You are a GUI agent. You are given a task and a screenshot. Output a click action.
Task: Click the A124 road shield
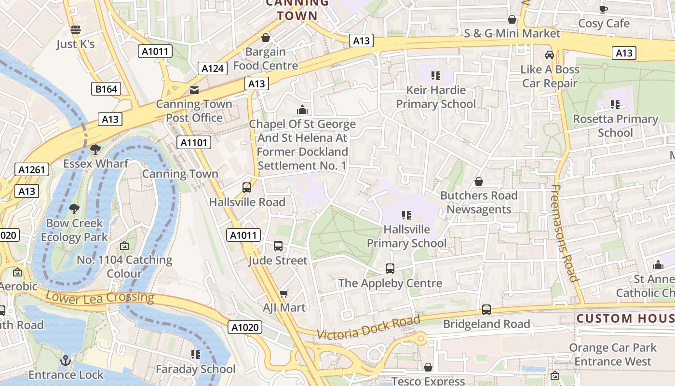tap(212, 69)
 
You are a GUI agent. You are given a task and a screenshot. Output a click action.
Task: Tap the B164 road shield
tap(106, 89)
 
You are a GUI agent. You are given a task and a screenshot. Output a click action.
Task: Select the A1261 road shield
tap(32, 169)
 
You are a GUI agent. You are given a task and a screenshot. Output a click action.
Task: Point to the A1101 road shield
tap(194, 142)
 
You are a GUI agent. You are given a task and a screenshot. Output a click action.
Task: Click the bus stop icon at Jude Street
tap(278, 246)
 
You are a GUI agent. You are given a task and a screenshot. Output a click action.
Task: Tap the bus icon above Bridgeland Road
tap(486, 310)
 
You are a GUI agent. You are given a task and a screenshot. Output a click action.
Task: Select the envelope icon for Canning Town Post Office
tap(194, 90)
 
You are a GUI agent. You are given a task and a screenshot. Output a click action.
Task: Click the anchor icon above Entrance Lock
tap(65, 361)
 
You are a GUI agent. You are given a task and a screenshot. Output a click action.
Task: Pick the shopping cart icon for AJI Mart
tap(284, 293)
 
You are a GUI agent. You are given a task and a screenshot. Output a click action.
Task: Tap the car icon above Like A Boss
tap(550, 55)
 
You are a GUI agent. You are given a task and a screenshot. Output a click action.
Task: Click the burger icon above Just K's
tap(75, 30)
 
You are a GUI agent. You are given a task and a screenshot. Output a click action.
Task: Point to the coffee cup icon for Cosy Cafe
tap(603, 9)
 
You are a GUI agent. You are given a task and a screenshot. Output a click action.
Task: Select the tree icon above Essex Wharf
tap(95, 150)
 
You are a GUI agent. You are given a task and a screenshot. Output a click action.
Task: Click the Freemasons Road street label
tap(564, 233)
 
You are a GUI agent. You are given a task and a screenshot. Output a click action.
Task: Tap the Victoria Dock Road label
tap(368, 327)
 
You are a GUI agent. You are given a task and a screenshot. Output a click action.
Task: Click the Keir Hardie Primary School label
tap(436, 97)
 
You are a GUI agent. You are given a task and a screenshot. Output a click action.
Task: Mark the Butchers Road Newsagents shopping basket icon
tap(479, 181)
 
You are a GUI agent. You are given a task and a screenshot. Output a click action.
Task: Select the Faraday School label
tap(196, 369)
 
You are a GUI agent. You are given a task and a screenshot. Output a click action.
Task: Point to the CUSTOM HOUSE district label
tap(625, 318)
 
